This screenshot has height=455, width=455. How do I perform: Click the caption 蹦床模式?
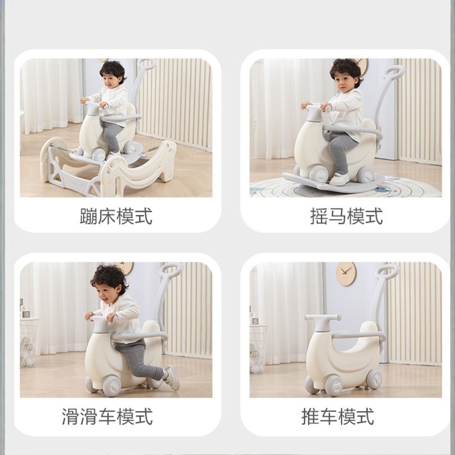coord(116,216)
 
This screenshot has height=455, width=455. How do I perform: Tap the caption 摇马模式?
coord(346,216)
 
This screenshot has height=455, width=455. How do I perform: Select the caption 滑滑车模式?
coord(107,417)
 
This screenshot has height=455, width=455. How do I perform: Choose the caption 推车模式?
coord(337,417)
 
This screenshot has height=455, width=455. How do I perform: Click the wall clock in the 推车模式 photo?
coord(346,274)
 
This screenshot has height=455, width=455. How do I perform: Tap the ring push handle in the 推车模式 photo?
coord(386,271)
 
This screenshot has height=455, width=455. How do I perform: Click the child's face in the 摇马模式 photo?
coord(345,82)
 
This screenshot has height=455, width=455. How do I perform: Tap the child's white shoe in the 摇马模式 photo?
coord(339,179)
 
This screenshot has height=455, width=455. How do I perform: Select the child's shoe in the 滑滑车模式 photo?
coord(172,378)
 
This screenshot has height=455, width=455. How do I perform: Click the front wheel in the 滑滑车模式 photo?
coord(111,386)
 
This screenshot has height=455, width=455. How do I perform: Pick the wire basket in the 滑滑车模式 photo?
coord(29,342)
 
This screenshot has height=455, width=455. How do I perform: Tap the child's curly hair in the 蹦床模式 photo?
coord(113,71)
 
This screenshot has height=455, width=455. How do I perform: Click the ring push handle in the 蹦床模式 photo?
coord(146,64)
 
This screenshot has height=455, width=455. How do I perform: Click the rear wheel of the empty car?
coord(374,379)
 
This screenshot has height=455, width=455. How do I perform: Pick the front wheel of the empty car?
coord(333,386)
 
